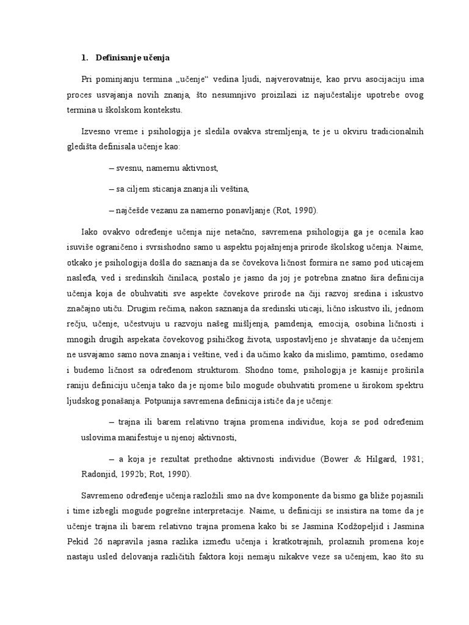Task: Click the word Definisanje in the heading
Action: (x=117, y=58)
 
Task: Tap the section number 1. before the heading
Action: (x=84, y=58)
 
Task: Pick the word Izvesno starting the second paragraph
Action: (x=95, y=132)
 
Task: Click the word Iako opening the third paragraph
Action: (x=89, y=233)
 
